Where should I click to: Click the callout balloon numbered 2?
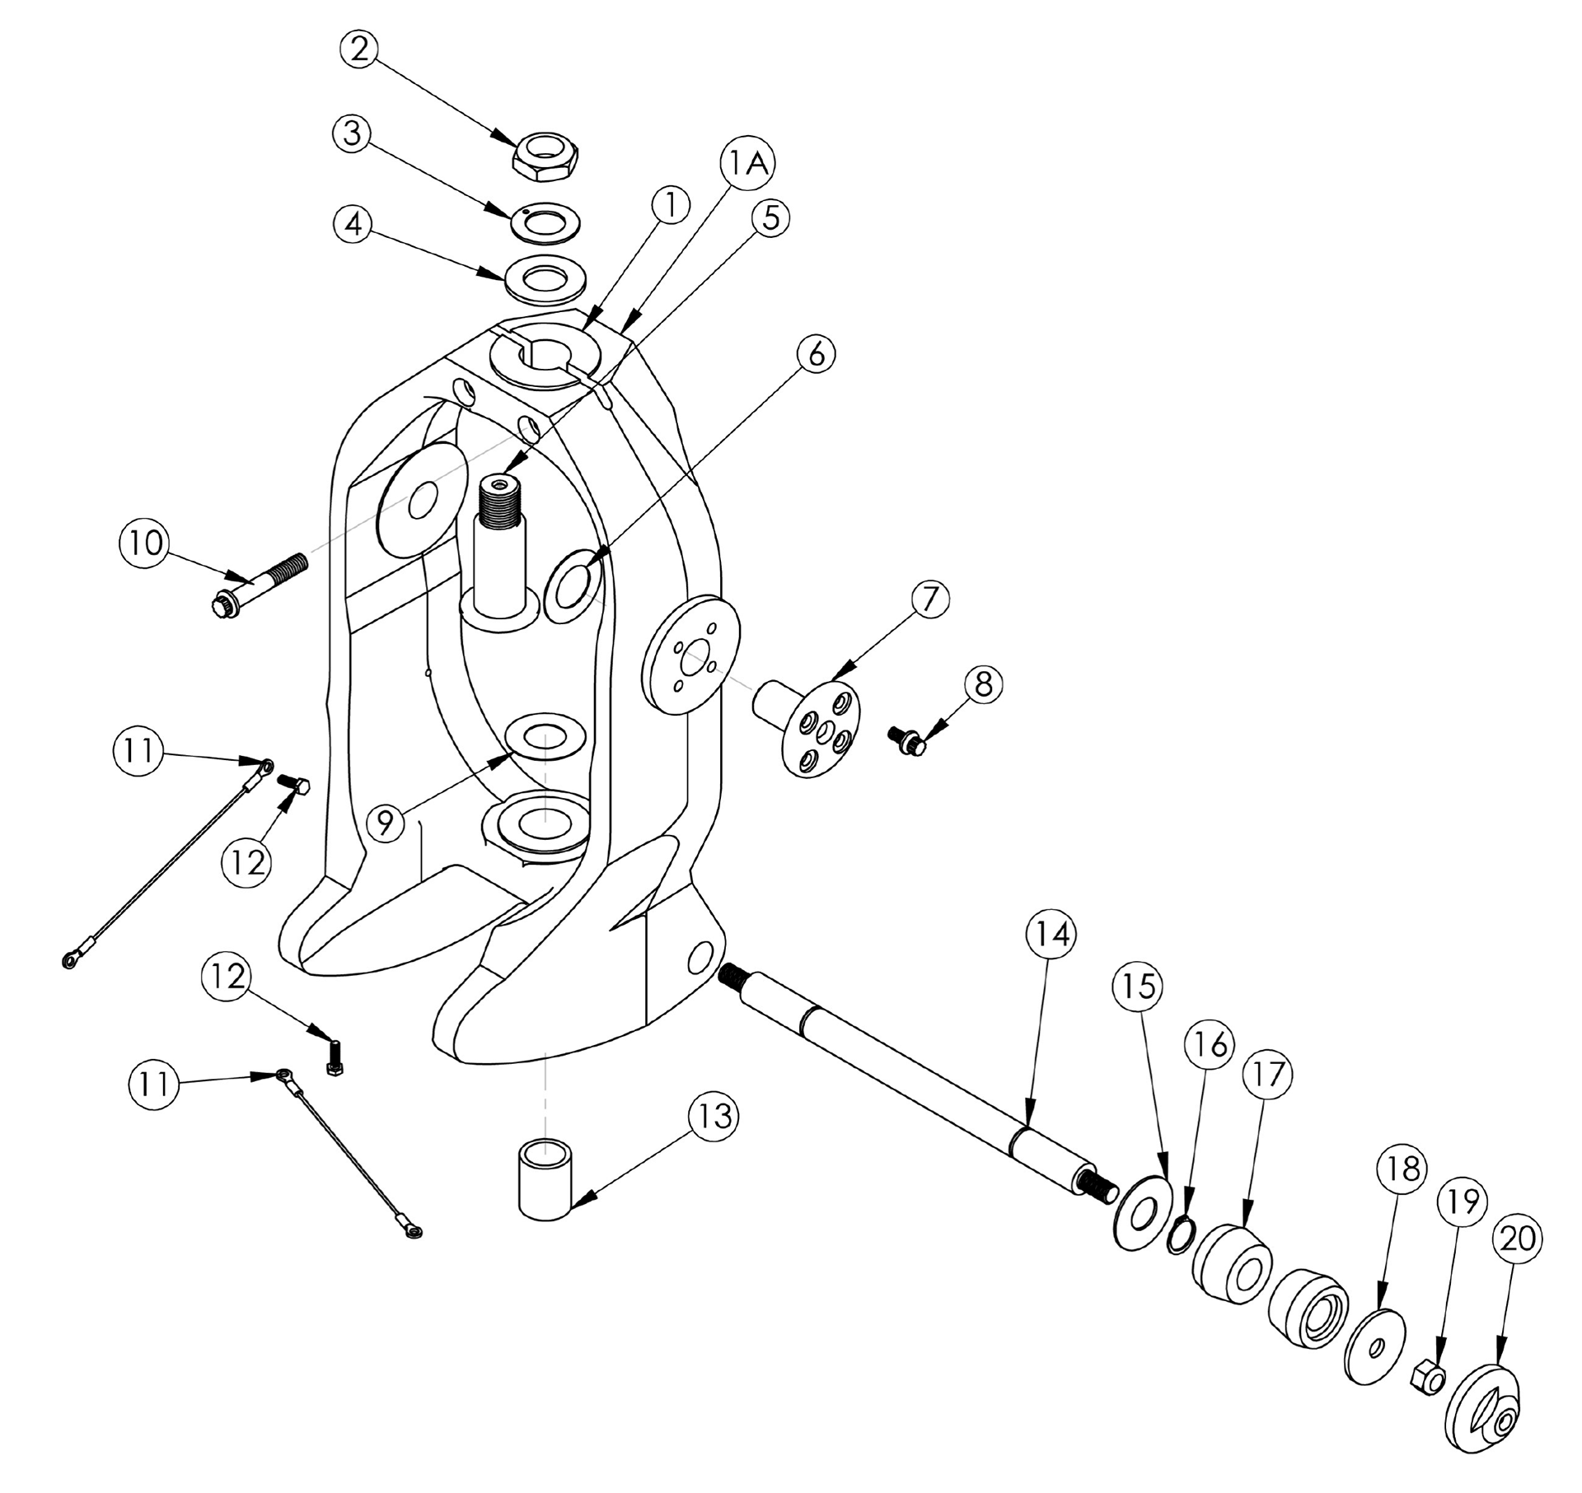pos(358,49)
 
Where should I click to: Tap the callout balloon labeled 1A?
pos(746,165)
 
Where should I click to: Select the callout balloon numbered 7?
pos(929,600)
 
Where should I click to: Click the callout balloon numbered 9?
pos(386,821)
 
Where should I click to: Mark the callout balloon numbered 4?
pos(354,224)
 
